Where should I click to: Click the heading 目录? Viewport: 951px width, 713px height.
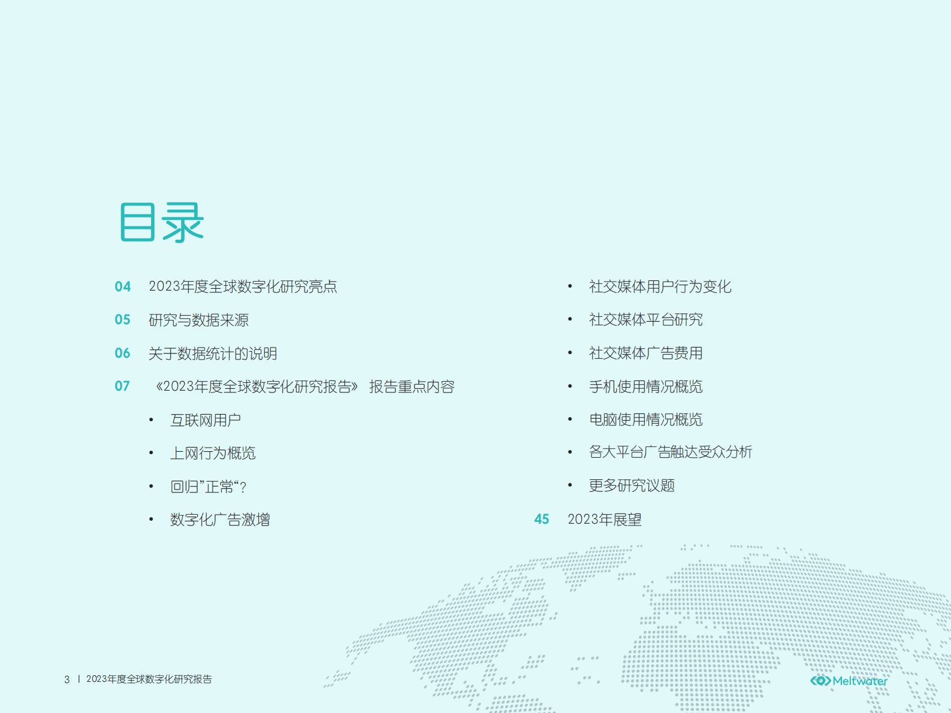[x=162, y=222]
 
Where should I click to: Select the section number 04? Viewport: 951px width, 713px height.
[x=123, y=286]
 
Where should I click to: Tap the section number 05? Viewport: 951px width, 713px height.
[x=123, y=320]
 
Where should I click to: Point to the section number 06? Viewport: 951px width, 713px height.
[x=123, y=354]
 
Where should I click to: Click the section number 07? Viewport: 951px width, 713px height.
[x=122, y=386]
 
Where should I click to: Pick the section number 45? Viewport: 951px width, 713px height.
[x=542, y=519]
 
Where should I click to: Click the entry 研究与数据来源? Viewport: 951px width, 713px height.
[x=198, y=320]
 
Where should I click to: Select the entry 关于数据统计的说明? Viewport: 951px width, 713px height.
[x=213, y=354]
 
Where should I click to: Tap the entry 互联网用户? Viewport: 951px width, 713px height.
[x=206, y=420]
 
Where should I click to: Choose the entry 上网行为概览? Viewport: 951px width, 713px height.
[x=213, y=453]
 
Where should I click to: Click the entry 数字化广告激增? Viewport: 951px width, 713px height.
[x=220, y=519]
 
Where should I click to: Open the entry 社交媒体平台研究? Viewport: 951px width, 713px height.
[x=645, y=319]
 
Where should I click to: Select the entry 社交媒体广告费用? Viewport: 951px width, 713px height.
[x=645, y=353]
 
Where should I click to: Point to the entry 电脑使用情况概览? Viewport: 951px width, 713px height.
[x=645, y=419]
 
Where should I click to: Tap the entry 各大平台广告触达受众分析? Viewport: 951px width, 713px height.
[x=670, y=452]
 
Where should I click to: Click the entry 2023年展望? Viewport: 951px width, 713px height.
[x=605, y=519]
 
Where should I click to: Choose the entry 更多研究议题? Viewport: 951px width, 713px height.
[x=632, y=485]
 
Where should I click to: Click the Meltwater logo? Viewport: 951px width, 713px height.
[x=849, y=681]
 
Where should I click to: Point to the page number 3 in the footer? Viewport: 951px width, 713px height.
[x=67, y=679]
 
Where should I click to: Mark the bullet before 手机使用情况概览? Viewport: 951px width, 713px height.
[x=570, y=386]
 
